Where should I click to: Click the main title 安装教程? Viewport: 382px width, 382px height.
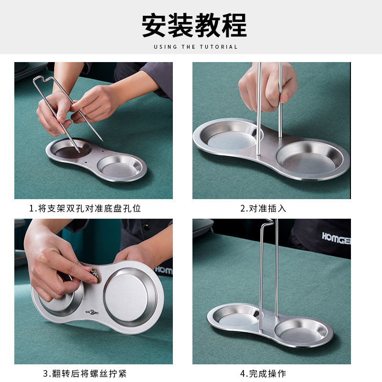click(x=194, y=25)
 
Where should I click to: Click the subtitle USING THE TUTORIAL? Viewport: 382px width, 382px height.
click(x=195, y=47)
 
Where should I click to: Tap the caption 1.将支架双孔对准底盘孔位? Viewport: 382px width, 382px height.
click(x=85, y=208)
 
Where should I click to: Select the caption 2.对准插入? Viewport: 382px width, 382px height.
click(x=263, y=208)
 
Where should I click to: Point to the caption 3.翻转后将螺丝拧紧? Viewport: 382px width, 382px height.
click(x=85, y=373)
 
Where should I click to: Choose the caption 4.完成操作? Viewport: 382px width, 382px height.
click(x=263, y=373)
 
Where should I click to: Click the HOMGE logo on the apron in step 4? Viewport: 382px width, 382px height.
click(x=336, y=238)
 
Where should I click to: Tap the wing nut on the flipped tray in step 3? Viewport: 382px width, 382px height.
click(x=91, y=312)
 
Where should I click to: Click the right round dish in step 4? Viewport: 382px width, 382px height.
click(x=301, y=329)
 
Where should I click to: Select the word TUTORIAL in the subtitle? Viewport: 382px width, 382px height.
click(x=219, y=47)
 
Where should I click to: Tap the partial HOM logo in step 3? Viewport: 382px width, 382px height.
click(x=163, y=270)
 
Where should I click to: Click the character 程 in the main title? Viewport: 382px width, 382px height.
click(x=234, y=25)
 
